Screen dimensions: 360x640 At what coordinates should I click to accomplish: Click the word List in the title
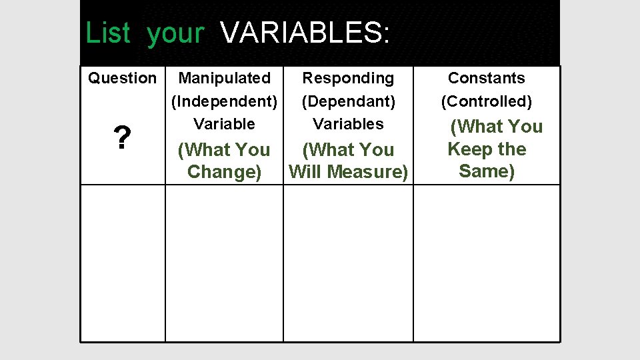[107, 33]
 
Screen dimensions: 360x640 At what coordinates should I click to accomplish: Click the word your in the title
[175, 33]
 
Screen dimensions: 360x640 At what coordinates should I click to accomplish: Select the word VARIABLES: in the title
[305, 33]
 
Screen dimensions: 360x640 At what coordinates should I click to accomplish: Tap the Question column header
[122, 78]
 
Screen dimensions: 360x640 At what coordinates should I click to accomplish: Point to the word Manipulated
[224, 78]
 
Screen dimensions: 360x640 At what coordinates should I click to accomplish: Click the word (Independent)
[224, 101]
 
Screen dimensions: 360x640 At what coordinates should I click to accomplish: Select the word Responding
[348, 78]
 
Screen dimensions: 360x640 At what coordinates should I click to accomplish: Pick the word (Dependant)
[348, 101]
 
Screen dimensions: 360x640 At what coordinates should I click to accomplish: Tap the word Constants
[486, 78]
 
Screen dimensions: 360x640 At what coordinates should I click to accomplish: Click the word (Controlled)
[486, 101]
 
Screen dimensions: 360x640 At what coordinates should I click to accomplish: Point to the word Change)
[224, 172]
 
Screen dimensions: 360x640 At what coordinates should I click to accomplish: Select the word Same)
[487, 171]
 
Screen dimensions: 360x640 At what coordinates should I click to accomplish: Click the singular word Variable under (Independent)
[224, 124]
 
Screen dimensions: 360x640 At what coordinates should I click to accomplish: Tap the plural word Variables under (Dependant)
[348, 124]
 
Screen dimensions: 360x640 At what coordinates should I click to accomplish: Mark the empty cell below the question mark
[123, 263]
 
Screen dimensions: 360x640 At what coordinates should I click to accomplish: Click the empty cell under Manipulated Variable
[224, 263]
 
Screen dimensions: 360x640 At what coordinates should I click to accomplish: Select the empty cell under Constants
[487, 263]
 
